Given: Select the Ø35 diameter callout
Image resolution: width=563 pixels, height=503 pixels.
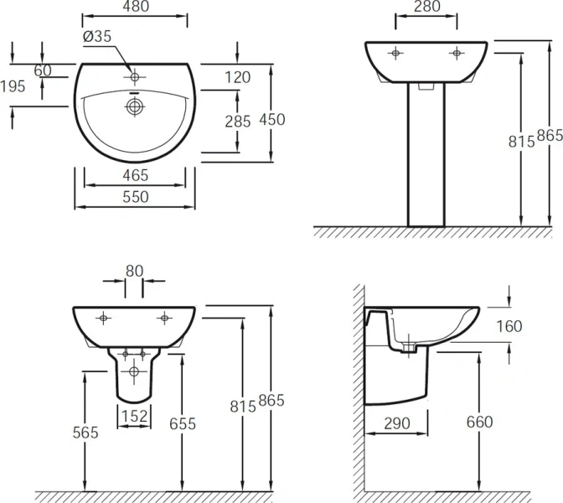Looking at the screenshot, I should point(98,36).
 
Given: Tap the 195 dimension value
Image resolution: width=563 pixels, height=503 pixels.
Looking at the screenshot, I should point(13,86).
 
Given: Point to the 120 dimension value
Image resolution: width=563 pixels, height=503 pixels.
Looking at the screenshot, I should point(238,77).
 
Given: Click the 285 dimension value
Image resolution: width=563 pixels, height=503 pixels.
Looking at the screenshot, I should point(238,122).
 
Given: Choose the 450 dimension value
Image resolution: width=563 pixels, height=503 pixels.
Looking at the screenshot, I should point(271,120).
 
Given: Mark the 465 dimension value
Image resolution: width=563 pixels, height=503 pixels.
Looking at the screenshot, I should point(135,175).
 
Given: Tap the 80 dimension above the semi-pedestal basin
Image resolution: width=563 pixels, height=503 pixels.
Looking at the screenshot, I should point(135,271).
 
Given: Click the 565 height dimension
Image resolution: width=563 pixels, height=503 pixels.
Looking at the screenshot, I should point(85,433).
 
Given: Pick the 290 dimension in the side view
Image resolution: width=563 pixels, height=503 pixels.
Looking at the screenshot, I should point(397,423).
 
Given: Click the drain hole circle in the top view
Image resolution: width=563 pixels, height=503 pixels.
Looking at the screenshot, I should point(134,106).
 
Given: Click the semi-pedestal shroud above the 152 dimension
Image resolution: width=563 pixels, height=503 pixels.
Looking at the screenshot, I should point(134,377).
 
